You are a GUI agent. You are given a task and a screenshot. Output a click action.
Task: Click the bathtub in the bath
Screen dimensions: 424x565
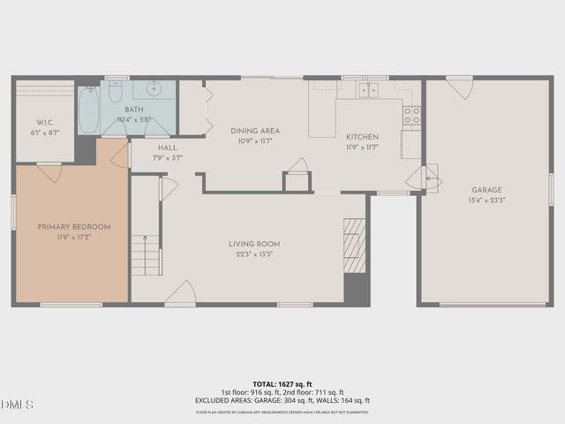(x=88, y=110)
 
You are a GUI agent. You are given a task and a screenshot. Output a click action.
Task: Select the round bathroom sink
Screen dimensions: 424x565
(x=154, y=88)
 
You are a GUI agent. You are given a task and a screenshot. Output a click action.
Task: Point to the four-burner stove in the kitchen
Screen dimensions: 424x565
(x=411, y=115)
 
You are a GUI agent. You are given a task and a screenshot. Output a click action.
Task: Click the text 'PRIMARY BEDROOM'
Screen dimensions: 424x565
(x=74, y=227)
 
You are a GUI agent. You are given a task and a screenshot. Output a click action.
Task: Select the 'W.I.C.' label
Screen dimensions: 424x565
(x=46, y=122)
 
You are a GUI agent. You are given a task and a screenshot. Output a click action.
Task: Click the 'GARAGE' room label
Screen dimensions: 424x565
(x=486, y=189)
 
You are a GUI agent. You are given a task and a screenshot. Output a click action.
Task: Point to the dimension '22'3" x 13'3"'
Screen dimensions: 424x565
(x=255, y=254)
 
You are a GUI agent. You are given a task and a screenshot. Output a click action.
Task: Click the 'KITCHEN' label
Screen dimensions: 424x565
(x=362, y=137)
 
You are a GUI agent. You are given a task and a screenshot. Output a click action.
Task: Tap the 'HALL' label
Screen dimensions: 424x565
(x=168, y=148)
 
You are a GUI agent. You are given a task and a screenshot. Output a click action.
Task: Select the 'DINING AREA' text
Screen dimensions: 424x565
(x=255, y=131)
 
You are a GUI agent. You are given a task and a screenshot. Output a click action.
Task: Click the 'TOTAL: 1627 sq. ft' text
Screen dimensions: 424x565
(x=282, y=384)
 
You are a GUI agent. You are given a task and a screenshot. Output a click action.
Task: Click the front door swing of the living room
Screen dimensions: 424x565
(x=182, y=293)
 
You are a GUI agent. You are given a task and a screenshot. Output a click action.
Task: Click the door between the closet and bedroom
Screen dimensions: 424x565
(x=49, y=171)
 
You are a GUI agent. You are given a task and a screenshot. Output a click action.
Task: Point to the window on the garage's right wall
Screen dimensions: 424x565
(x=551, y=189)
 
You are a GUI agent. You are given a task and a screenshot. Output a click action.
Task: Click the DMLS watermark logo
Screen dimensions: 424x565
(x=18, y=405)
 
